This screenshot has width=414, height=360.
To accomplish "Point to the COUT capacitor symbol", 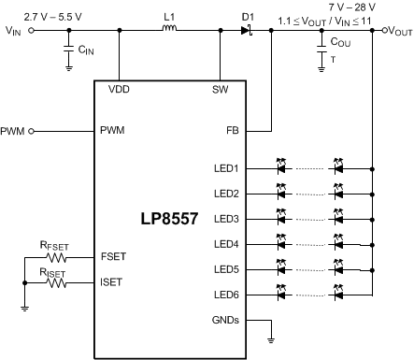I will coord(321,50).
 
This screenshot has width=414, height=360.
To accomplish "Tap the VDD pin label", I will coord(120,91).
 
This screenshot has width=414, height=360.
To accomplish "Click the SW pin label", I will coord(220,91).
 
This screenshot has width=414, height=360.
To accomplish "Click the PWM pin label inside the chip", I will coord(111,130).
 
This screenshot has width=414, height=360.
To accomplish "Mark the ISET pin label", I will coord(111,281).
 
